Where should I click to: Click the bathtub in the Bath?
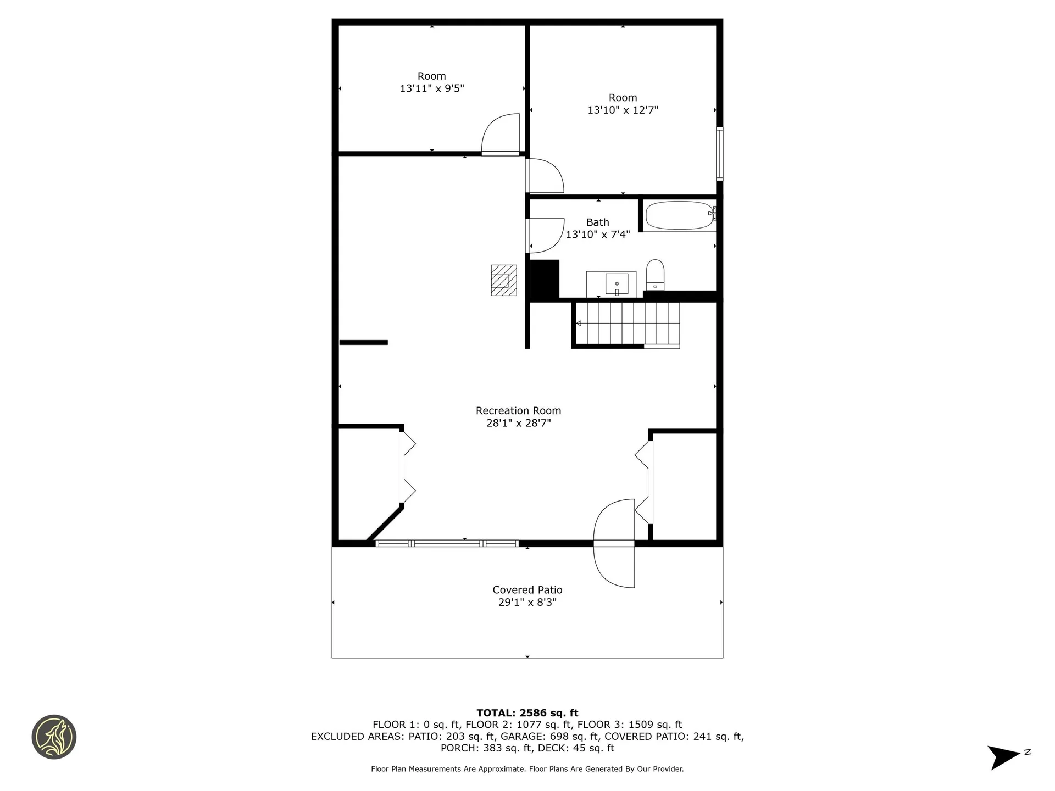[679, 216]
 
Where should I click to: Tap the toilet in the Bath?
[655, 275]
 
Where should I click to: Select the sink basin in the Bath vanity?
[617, 283]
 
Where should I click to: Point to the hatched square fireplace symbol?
[503, 280]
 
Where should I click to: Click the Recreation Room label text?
[518, 411]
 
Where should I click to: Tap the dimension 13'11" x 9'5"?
[432, 88]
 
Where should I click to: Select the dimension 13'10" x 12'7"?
[623, 110]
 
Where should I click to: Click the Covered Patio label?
[527, 590]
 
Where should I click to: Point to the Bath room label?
[597, 222]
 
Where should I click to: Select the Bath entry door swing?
[546, 235]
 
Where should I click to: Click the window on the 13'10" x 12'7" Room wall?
[719, 154]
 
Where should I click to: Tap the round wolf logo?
[54, 737]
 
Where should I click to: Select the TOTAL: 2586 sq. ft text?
[527, 713]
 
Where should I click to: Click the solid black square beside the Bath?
[544, 280]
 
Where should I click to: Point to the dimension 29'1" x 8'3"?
[527, 603]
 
